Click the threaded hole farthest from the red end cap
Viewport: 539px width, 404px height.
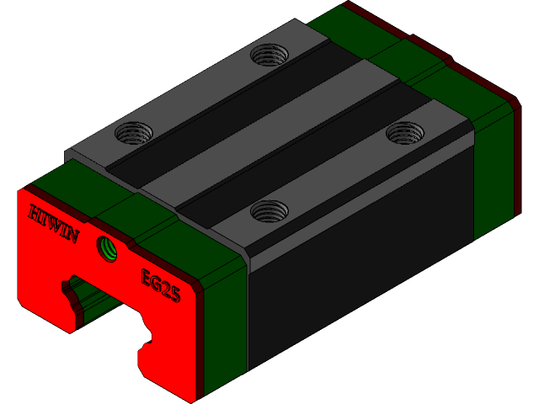(x=269, y=56)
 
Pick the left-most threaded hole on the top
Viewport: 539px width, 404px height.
(x=133, y=132)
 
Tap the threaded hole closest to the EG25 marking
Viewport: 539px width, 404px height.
(x=269, y=210)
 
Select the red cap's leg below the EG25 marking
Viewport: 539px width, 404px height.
(x=168, y=353)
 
